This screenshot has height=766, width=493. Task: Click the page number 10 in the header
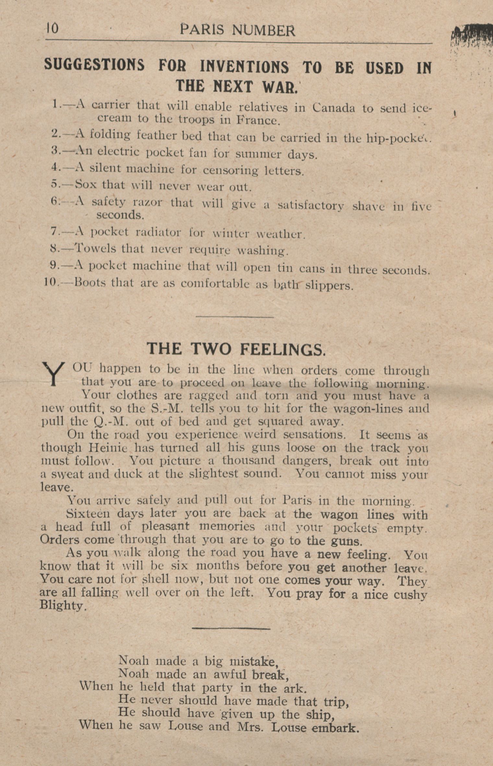(x=52, y=29)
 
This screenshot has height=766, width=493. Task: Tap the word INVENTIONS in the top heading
(x=244, y=67)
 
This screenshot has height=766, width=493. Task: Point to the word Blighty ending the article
(x=63, y=605)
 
